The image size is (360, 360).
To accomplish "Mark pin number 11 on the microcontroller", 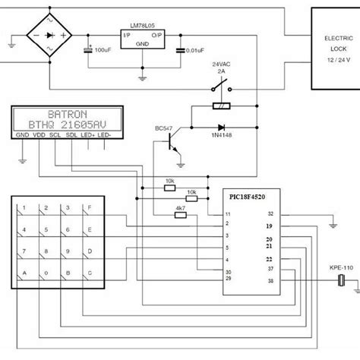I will pyautogui.click(x=227, y=215).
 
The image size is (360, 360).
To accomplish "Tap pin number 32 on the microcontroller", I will pyautogui.click(x=270, y=215).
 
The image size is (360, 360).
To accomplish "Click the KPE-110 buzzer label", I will pyautogui.click(x=339, y=268).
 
